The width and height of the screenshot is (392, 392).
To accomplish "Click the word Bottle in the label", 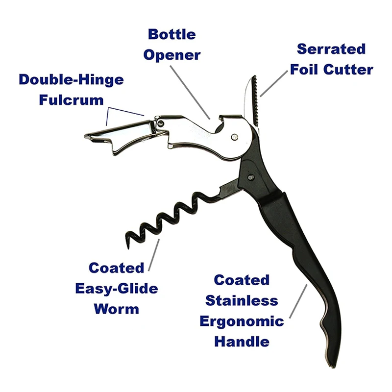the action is (x=171, y=35).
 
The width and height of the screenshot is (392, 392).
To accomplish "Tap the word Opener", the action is (x=171, y=54).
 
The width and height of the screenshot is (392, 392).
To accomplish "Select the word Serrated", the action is (x=331, y=49).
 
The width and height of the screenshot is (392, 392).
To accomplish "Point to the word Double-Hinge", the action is (x=71, y=79).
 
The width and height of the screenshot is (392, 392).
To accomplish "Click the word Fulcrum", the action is (x=71, y=99).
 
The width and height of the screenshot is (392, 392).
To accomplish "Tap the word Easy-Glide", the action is (x=116, y=289).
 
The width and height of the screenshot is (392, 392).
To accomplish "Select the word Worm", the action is (x=116, y=309).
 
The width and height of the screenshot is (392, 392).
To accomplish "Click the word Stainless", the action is (x=242, y=300).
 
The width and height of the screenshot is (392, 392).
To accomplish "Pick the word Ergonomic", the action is (x=242, y=321).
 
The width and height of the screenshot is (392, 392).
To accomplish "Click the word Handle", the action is (x=242, y=341).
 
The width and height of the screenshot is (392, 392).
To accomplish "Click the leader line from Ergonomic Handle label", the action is (x=298, y=302).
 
